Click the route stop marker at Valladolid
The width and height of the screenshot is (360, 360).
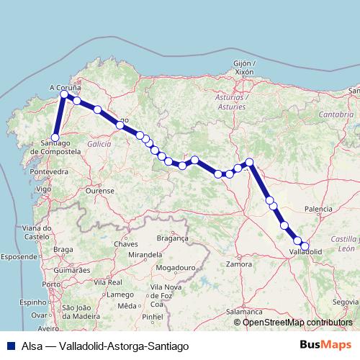click(305, 246)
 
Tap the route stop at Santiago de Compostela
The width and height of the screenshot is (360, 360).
click(55, 138)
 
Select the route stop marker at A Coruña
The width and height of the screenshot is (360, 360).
click(64, 94)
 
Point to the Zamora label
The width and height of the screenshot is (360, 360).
click(238, 265)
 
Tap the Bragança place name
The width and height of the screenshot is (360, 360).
click(172, 237)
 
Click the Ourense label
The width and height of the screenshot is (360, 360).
click(100, 191)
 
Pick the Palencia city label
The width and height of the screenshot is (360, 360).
click(319, 209)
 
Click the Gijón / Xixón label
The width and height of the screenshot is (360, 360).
click(245, 68)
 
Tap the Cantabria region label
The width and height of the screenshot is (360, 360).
click(337, 114)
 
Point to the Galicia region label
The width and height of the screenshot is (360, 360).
click(99, 144)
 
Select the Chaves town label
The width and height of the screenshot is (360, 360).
click(125, 244)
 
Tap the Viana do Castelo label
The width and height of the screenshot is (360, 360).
click(35, 231)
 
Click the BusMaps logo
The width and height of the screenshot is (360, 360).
click(326, 346)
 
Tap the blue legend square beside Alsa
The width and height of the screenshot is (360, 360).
click(8, 346)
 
